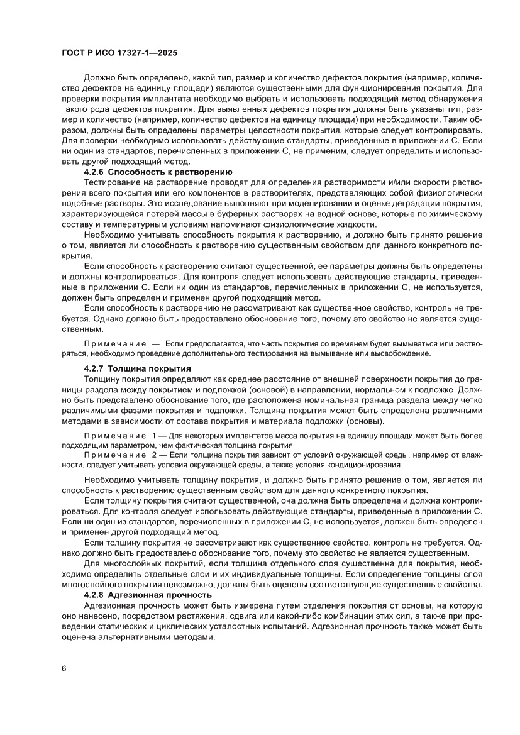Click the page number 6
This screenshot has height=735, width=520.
(64, 668)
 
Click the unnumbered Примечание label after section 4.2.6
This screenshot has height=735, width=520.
(114, 344)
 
